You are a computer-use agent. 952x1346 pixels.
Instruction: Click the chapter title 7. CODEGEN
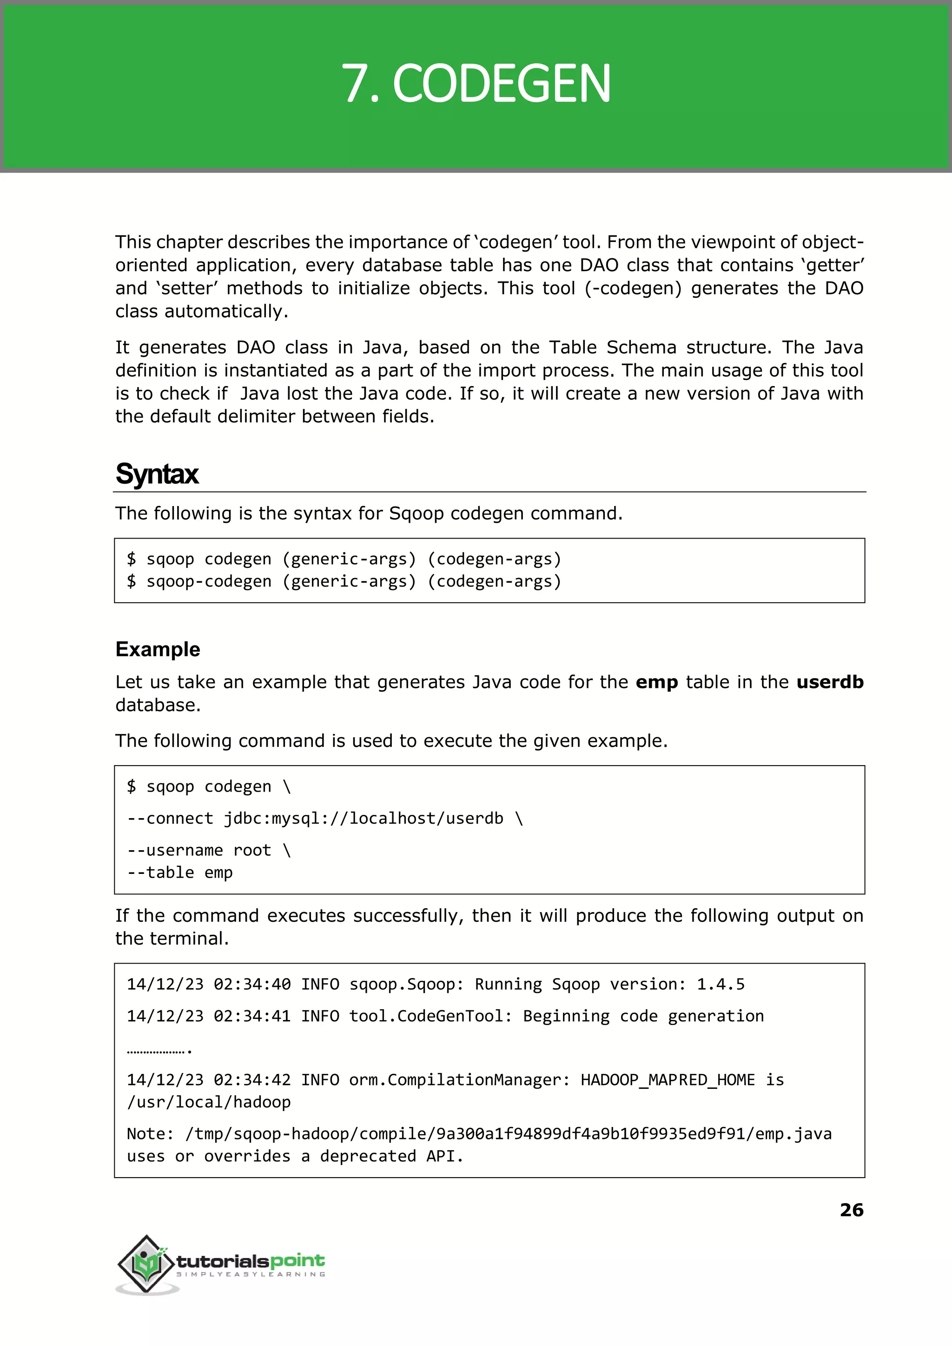[476, 84]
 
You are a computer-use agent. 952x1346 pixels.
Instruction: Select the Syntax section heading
[157, 474]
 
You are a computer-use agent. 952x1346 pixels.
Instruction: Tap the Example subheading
[158, 649]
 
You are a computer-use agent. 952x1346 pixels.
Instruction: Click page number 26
[851, 1210]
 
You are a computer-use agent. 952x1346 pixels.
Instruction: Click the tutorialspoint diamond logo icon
[146, 1264]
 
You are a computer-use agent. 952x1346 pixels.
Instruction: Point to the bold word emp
[656, 682]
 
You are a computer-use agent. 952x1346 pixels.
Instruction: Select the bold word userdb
[829, 682]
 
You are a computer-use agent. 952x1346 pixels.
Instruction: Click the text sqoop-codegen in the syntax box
[209, 581]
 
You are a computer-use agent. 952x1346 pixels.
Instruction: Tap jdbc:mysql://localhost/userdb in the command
[364, 818]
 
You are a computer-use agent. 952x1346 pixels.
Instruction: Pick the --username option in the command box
[175, 850]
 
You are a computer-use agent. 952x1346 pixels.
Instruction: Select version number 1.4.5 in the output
[721, 984]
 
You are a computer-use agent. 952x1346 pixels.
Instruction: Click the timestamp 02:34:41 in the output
[252, 1016]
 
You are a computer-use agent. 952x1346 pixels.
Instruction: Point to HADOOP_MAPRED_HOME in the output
[668, 1080]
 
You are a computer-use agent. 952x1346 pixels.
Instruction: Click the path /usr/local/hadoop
[209, 1102]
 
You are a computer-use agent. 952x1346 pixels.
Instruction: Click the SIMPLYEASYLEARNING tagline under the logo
[251, 1274]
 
